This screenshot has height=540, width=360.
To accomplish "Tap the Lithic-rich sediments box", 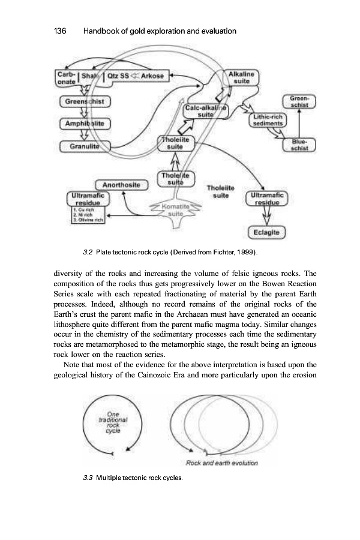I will (x=268, y=119).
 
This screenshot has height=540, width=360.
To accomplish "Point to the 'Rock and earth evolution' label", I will (x=222, y=463).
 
